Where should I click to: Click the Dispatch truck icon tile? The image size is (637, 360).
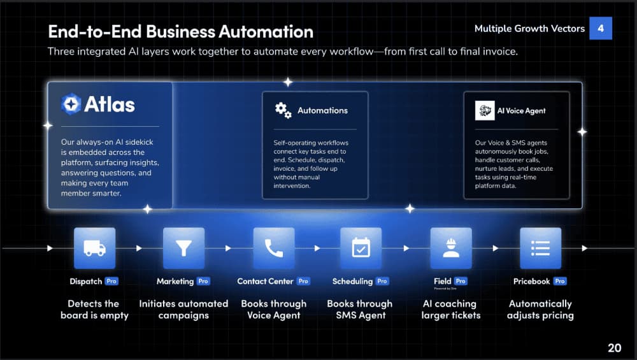[x=95, y=248]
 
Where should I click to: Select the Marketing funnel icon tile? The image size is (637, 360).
[x=183, y=248]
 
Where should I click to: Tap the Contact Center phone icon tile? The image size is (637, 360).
[x=274, y=248]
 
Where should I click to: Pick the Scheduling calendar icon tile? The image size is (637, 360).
[x=361, y=248]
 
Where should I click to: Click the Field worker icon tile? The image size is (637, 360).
[x=451, y=248]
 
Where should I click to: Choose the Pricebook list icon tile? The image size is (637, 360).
[x=540, y=248]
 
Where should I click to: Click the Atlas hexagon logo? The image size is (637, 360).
[x=71, y=104]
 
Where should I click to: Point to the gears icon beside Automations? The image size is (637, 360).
[x=283, y=110]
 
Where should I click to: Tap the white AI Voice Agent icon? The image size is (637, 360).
[x=485, y=110]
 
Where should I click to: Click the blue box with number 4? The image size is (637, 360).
[x=601, y=28]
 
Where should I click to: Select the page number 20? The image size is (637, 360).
[x=614, y=348]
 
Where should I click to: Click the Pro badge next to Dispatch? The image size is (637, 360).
[x=111, y=281]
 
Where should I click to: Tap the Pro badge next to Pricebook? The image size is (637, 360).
[x=560, y=281]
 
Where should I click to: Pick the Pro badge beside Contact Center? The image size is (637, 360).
[x=303, y=281]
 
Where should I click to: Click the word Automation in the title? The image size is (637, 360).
[x=266, y=32]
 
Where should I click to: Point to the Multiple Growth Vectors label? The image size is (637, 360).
[x=529, y=29]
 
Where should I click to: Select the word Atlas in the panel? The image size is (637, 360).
[x=110, y=104]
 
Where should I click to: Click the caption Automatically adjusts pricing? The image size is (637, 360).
[x=540, y=310]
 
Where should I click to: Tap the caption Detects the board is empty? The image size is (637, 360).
[x=94, y=310]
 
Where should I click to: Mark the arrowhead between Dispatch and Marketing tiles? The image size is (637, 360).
[x=139, y=248]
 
